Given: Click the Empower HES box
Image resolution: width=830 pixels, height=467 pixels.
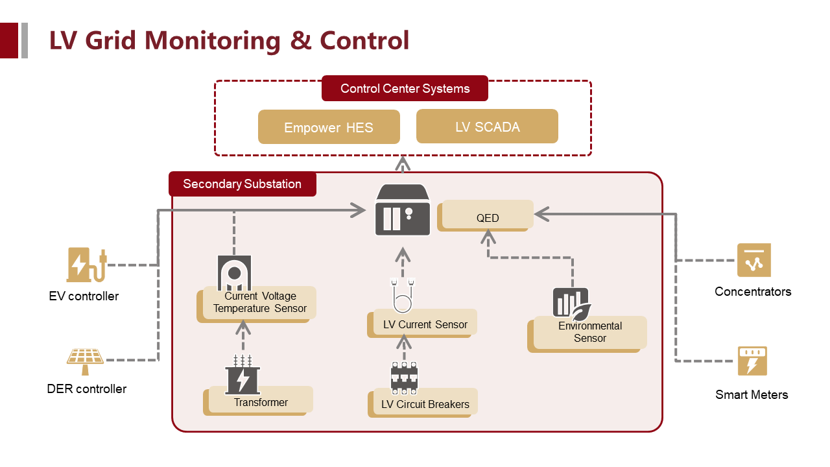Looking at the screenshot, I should click(x=329, y=127).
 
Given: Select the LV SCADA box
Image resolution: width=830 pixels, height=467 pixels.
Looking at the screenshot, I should click(x=487, y=126).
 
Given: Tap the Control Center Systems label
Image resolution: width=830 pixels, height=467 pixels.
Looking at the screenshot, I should click(x=405, y=88).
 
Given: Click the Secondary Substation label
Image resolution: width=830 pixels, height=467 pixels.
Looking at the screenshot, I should click(x=242, y=184).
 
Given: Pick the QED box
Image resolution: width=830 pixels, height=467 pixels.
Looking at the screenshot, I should click(x=488, y=216).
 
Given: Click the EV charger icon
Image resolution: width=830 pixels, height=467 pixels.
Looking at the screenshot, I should click(x=85, y=265).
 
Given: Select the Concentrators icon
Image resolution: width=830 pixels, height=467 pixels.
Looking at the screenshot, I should click(x=753, y=260).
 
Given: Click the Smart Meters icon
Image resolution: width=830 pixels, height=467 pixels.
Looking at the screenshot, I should click(x=752, y=361).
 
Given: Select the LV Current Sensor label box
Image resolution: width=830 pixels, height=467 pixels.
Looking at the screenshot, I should click(x=425, y=323).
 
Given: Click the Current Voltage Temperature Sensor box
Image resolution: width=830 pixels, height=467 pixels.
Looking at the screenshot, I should click(x=259, y=302).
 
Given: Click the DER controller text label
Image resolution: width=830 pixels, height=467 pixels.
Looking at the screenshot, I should click(x=87, y=389).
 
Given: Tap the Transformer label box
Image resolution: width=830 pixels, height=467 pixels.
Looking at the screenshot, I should click(x=261, y=401).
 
